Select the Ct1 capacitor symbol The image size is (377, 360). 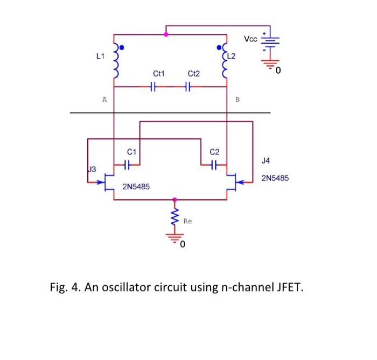pos(153,86)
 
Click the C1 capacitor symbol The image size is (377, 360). pos(128,164)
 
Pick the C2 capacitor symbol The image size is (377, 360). pos(214,164)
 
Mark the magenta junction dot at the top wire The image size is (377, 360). pos(166,34)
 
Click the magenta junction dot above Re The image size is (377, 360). pos(174,199)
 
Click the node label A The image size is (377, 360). pos(104,99)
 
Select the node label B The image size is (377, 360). pos(238,99)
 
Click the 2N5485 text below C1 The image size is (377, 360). pos(136,187)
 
